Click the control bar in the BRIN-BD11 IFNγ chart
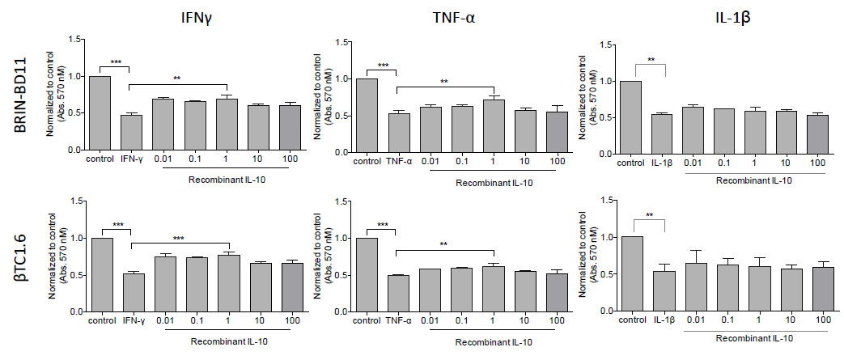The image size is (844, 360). click(x=100, y=113)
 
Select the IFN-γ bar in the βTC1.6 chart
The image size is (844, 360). click(x=130, y=292)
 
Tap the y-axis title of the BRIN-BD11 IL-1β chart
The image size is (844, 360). click(x=598, y=95)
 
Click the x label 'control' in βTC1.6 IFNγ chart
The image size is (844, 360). click(x=100, y=321)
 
